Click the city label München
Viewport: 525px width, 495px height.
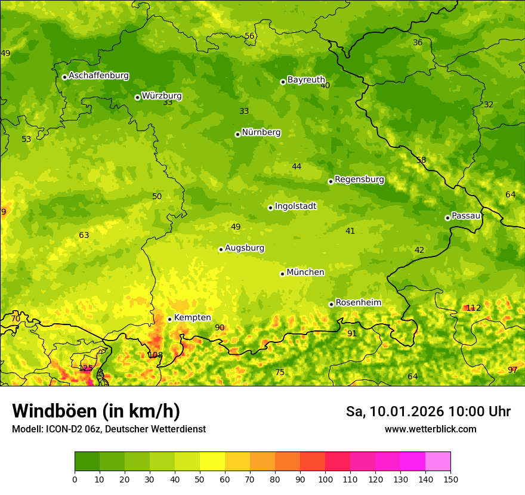[x=305, y=273]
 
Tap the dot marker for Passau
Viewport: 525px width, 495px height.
[x=447, y=218]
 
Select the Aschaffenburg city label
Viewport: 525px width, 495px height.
[x=98, y=76]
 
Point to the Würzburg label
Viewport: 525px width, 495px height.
[x=162, y=96]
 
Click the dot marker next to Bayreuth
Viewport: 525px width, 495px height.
[x=283, y=82]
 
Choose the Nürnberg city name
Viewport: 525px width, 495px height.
[x=261, y=132]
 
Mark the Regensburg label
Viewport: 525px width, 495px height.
[x=359, y=180]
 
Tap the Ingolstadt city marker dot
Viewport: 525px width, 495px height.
[x=270, y=208]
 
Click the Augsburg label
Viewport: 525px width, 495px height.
[x=245, y=248]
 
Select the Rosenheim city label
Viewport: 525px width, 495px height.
[x=358, y=303]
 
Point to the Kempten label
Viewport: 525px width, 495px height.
[x=192, y=318]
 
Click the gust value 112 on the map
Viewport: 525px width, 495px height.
[x=473, y=308]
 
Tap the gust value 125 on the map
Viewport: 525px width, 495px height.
[x=86, y=368]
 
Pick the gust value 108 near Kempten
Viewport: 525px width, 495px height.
[x=155, y=355]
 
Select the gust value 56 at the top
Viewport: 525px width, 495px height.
[x=249, y=36]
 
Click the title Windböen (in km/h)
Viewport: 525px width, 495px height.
[x=96, y=411]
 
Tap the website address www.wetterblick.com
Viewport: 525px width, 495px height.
[x=430, y=429]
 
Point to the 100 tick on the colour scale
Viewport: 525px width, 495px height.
[x=325, y=479]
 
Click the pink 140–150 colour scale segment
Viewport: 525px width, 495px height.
[x=438, y=461]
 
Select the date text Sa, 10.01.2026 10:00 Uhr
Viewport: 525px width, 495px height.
[x=428, y=412]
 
